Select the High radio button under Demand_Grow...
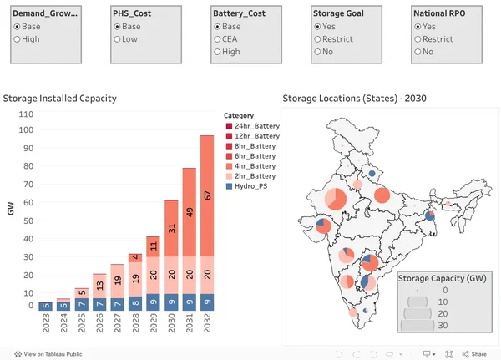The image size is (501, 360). [x=18, y=39]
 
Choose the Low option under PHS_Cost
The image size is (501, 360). [x=117, y=39]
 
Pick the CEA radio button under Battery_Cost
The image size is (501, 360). [x=217, y=39]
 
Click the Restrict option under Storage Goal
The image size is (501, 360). [x=317, y=39]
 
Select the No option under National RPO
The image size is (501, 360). [x=417, y=52]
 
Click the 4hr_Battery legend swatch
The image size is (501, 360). [x=229, y=166]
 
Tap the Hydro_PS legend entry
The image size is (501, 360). [x=246, y=186]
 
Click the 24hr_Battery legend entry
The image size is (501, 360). [x=253, y=126]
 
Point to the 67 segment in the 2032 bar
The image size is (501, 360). [x=207, y=196]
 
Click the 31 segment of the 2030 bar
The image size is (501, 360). [x=171, y=228]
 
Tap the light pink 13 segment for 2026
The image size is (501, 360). [x=99, y=286]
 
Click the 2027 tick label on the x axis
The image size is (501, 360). [x=118, y=323]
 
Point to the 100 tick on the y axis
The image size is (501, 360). [x=26, y=129]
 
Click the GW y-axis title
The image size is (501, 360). [x=11, y=209]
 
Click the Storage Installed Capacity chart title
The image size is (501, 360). [x=60, y=99]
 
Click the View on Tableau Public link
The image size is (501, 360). [x=48, y=354]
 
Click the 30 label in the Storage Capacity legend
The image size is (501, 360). [x=443, y=326]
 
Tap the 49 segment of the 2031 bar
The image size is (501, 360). [x=190, y=212]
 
